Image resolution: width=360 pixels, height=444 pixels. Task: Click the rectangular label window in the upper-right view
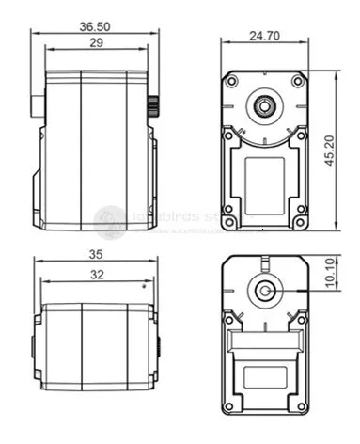(x=265, y=176)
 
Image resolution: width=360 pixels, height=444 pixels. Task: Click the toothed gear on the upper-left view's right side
(x=149, y=104)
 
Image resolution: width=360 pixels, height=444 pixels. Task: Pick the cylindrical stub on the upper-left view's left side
(x=37, y=104)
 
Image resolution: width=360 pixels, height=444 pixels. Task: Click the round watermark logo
(x=110, y=221)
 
